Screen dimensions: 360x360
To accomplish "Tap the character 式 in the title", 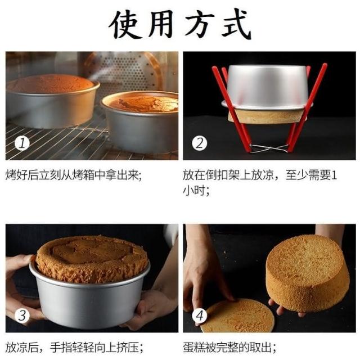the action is [x=236, y=25].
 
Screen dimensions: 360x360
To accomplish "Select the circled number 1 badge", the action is [x=22, y=143].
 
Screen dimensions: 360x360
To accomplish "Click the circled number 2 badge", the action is [x=199, y=143].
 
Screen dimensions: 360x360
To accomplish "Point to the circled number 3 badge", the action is [x=22, y=316].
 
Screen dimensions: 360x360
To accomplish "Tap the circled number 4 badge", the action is [x=199, y=316].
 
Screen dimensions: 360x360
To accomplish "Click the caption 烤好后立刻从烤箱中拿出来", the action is [x=73, y=175].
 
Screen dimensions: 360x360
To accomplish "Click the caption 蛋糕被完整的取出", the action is [x=229, y=348].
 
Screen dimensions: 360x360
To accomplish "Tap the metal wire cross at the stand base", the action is [x=269, y=148].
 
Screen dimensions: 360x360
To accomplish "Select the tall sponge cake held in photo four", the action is [x=308, y=273].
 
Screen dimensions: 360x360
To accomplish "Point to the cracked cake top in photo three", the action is [x=92, y=258].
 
